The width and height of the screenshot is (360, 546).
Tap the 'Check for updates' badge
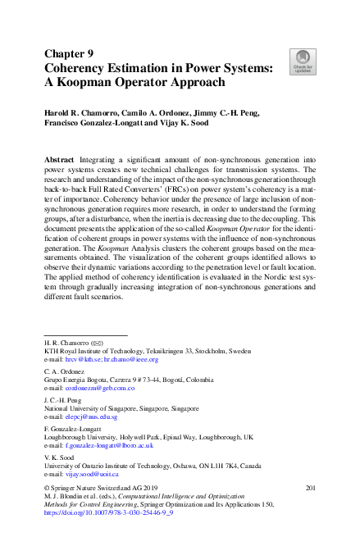point(303,61)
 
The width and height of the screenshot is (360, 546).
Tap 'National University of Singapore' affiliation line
point(120,408)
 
